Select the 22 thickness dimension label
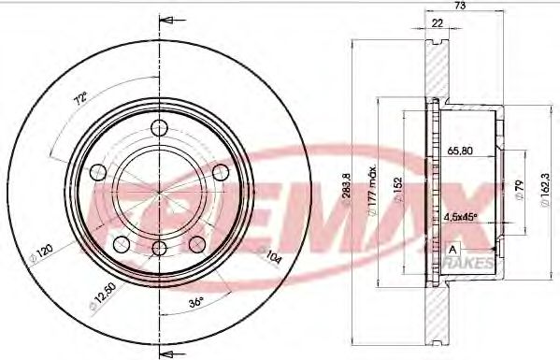coord(437,24)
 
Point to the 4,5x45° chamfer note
coord(459,216)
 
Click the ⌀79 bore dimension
coord(516,194)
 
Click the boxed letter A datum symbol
coord(452,249)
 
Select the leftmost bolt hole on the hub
coord(96,171)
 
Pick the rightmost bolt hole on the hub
coord(221,171)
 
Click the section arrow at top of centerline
coord(167,20)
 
